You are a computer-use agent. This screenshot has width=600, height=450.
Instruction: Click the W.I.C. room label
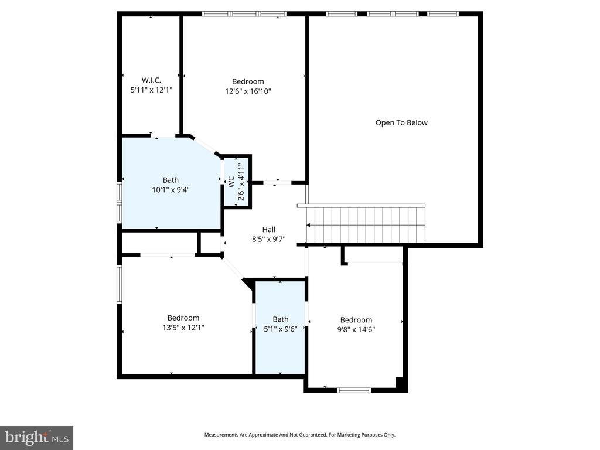tap(151, 80)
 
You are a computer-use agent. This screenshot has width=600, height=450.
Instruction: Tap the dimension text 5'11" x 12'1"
tap(151, 90)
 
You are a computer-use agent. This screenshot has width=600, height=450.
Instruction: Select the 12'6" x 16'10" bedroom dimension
tap(248, 91)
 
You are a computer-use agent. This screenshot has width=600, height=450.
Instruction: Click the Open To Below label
tap(401, 122)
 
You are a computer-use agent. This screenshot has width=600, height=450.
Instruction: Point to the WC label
tap(231, 180)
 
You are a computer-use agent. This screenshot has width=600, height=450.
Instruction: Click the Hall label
tap(268, 229)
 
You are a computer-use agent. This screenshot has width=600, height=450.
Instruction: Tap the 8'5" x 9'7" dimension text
tap(268, 238)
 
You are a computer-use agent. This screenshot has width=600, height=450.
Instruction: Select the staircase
tap(364, 225)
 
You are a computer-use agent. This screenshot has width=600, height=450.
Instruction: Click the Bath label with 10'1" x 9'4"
tap(171, 180)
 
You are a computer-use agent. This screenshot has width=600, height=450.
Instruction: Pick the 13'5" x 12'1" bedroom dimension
tap(183, 328)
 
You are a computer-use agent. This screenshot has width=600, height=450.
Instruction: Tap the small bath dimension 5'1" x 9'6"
tap(280, 329)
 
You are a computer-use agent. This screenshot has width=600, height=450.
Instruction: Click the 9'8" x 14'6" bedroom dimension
tap(356, 329)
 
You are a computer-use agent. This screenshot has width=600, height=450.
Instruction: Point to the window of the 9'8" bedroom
tap(354, 390)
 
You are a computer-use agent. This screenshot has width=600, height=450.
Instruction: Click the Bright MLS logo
tap(36, 437)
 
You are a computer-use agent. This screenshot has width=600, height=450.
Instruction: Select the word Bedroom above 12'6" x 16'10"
tap(248, 81)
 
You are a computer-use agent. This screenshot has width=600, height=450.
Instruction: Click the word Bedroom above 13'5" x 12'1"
tap(183, 318)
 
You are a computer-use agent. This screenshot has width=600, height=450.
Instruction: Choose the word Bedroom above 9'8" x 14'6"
tap(356, 319)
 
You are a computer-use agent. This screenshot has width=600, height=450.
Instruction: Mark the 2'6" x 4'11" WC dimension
tap(241, 182)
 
